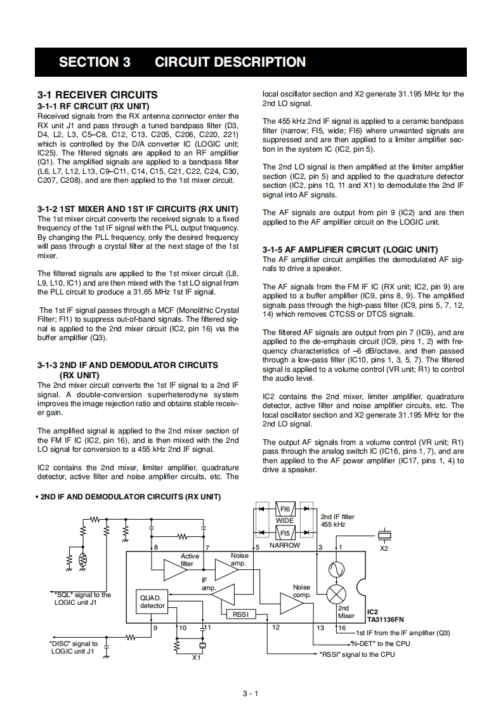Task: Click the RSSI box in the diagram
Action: coord(240,614)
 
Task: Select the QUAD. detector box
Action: coord(152,602)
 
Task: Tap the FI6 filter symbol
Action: coord(285,509)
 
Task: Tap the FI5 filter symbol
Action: coord(285,533)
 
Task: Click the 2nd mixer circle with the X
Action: coord(336,594)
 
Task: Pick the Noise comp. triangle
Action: coord(292,603)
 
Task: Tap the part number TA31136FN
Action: coord(386,619)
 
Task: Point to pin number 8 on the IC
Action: coord(156,546)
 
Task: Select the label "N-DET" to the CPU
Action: coord(381,643)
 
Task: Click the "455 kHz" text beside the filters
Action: coord(334,525)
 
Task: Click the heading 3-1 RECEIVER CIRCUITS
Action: coord(98,95)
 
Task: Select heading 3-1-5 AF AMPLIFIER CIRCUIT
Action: coord(350,249)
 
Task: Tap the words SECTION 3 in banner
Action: coord(95,62)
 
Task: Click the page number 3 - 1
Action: coord(251,693)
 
